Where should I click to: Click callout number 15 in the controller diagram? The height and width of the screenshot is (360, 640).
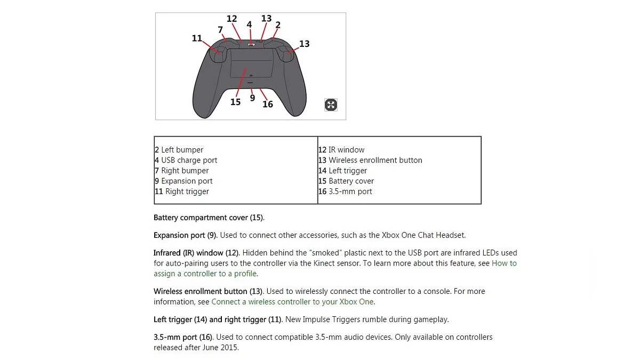click(x=235, y=102)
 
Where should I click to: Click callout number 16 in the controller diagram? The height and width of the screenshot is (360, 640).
click(x=268, y=104)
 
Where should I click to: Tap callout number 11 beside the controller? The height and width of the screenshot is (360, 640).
click(x=197, y=38)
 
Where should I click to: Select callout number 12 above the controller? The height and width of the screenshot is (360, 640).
click(x=231, y=19)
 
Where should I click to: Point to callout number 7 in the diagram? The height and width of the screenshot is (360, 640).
click(x=220, y=30)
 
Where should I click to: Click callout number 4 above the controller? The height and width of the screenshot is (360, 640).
click(x=249, y=25)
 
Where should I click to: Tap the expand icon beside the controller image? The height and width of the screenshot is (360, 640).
click(x=331, y=105)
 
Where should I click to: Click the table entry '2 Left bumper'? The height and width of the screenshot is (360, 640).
click(x=179, y=150)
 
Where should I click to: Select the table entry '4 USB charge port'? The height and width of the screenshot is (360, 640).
click(x=186, y=160)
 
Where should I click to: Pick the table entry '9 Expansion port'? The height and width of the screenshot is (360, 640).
click(x=183, y=181)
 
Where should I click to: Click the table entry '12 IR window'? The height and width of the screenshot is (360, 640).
click(x=341, y=150)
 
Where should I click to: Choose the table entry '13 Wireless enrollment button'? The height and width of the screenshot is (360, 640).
click(x=370, y=160)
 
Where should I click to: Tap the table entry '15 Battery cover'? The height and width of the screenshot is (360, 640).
click(x=346, y=181)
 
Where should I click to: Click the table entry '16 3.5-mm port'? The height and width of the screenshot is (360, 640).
click(x=345, y=191)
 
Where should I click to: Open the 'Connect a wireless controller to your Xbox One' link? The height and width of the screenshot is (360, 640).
click(x=293, y=302)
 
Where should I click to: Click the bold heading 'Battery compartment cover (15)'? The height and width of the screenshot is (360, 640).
click(x=209, y=218)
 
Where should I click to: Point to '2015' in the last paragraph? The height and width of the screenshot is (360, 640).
click(x=229, y=348)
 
